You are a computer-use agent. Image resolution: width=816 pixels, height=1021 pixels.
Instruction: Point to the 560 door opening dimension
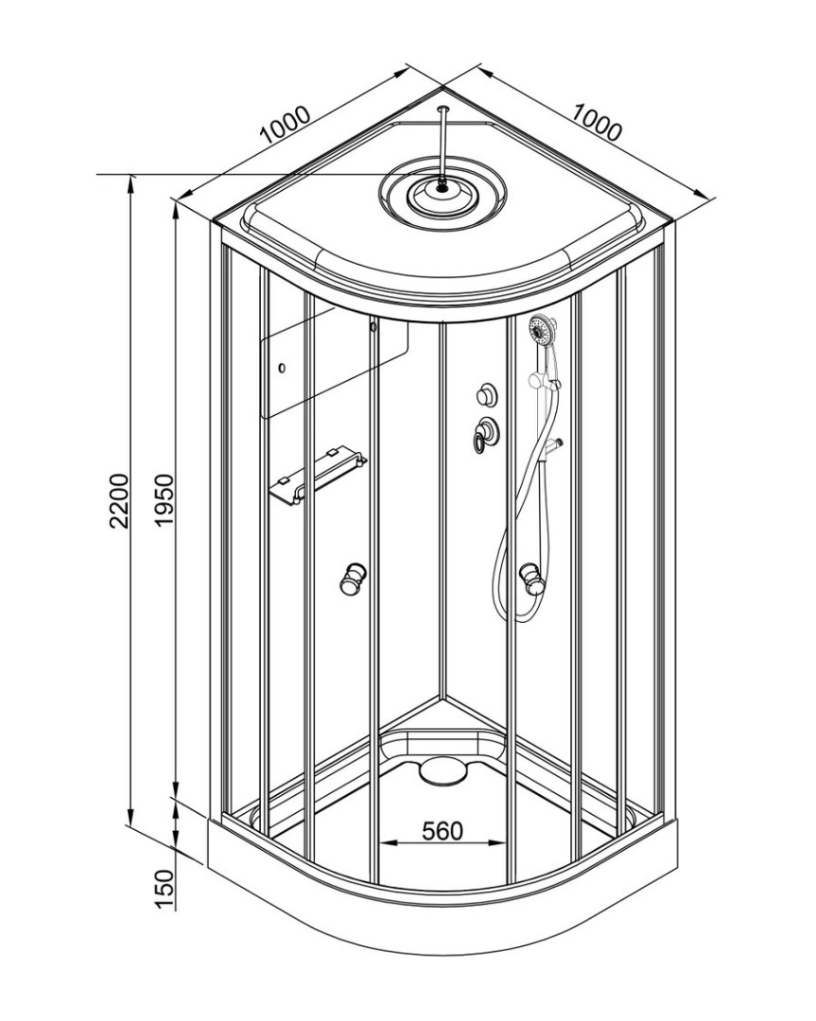[442, 831]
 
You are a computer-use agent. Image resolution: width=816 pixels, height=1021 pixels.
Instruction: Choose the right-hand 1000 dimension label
[598, 122]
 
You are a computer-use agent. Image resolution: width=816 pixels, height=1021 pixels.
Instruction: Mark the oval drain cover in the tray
[443, 770]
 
